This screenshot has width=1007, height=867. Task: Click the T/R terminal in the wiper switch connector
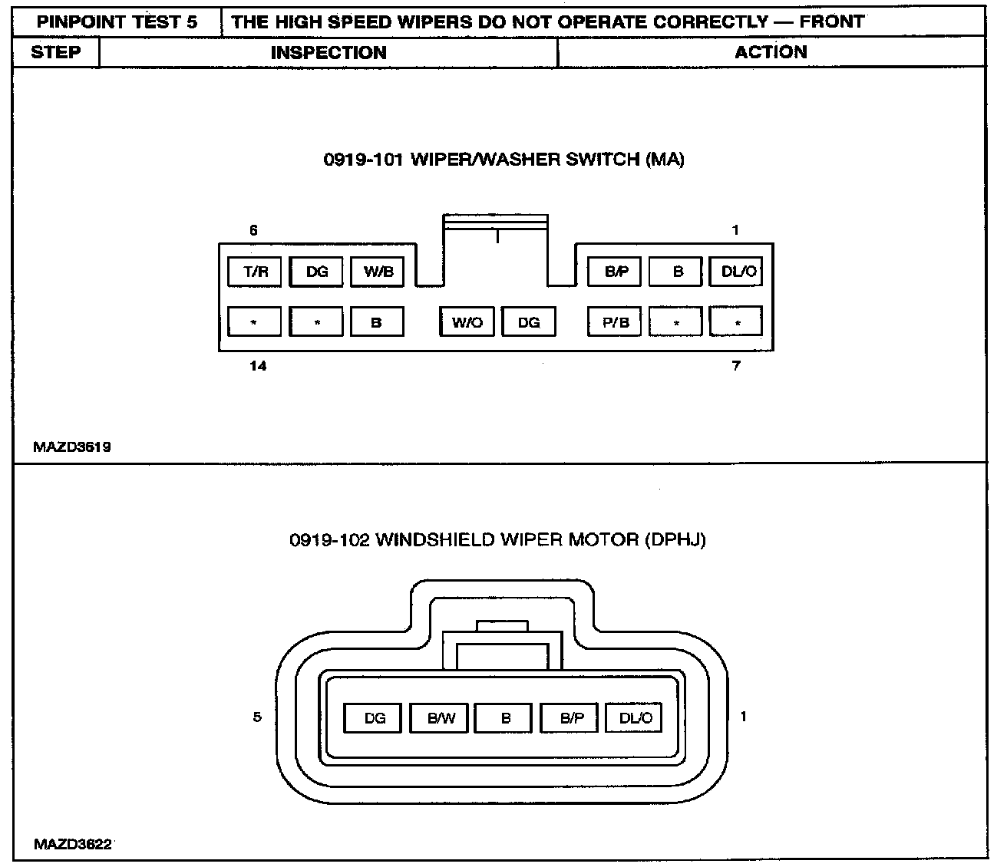255,272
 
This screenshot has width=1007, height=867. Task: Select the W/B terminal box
378,272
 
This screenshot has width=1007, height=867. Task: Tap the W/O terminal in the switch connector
467,322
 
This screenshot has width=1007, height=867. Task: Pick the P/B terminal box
615,322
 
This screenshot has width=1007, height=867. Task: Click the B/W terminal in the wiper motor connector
441,718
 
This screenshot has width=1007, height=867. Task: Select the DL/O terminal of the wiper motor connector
635,718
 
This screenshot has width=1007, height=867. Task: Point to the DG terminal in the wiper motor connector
375,718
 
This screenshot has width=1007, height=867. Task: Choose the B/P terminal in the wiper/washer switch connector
615,272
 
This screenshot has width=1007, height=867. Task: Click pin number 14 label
258,366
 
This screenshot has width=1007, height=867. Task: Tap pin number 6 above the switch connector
253,230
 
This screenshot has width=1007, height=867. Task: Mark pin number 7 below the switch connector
736,366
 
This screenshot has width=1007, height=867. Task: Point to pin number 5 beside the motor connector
257,717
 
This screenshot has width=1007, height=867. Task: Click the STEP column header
56,52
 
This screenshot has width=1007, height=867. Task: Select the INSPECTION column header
329,52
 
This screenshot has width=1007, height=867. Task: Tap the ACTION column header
771,52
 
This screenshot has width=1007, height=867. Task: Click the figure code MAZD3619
72,447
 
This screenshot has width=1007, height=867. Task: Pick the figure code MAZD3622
73,845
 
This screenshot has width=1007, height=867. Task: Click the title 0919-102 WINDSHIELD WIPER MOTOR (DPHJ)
497,539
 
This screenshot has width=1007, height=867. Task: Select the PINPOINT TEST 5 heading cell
117,21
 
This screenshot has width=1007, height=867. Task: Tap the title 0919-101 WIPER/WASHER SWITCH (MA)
503,160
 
